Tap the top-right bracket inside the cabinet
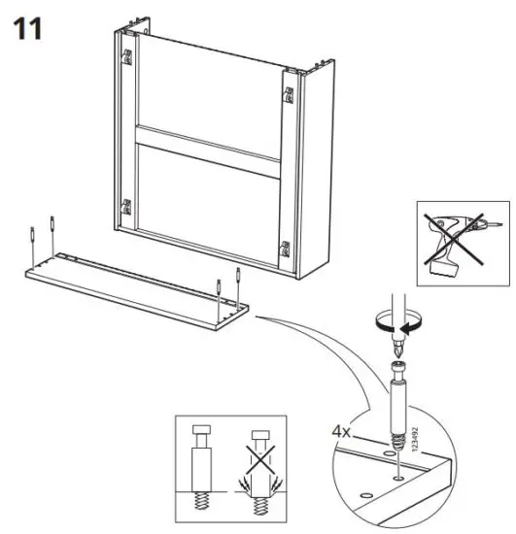tap(289, 95)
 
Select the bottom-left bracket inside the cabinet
tap(125, 207)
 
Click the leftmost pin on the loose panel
tap(34, 234)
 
